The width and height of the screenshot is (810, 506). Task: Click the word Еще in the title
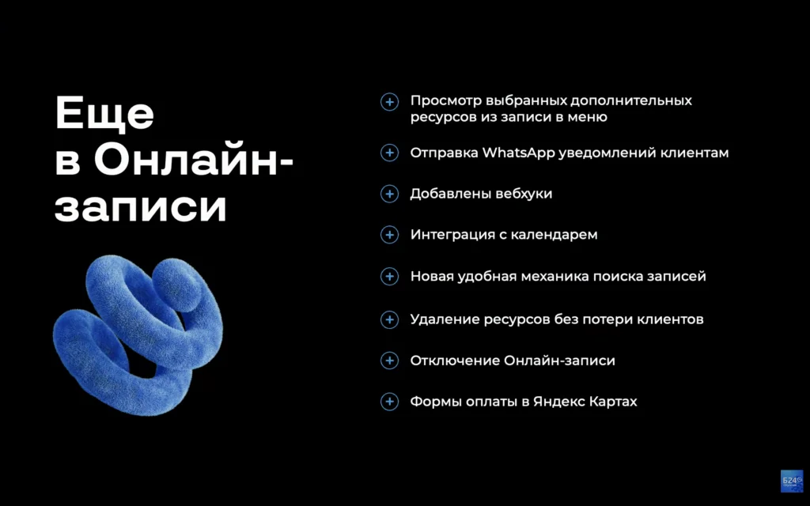point(104,114)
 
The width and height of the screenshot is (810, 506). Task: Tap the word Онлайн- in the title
point(194,161)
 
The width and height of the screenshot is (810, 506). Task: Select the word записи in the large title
point(141,208)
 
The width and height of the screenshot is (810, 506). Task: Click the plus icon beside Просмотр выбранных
point(389,102)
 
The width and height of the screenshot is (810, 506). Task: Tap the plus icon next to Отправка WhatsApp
point(389,153)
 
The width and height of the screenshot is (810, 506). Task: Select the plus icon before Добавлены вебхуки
point(389,194)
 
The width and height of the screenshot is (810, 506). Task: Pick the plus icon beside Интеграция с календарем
point(389,235)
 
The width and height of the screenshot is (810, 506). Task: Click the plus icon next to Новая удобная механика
point(389,277)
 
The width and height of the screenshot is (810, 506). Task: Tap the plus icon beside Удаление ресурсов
point(389,319)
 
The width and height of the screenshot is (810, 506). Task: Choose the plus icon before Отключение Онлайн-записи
point(389,361)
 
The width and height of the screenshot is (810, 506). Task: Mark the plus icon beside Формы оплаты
point(389,402)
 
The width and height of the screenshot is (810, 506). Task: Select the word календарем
point(557,235)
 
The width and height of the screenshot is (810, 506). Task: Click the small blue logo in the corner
point(791,481)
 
